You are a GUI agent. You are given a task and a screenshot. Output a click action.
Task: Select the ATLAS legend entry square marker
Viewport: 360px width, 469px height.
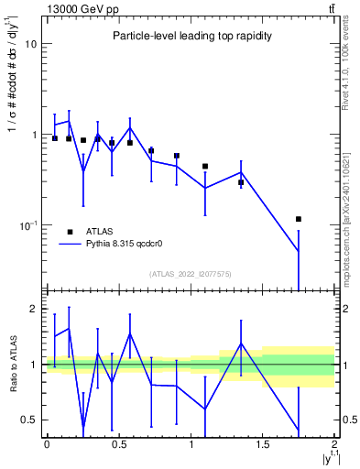click(70, 233)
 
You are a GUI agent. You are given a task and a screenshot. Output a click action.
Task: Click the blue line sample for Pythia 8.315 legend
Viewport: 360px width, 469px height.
click(70, 245)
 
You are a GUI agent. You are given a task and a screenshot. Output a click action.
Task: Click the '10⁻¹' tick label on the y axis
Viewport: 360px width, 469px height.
click(27, 224)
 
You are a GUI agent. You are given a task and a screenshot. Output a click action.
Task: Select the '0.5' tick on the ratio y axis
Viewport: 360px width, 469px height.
click(28, 420)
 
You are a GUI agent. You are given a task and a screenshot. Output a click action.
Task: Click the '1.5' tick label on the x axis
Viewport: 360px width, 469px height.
click(263, 444)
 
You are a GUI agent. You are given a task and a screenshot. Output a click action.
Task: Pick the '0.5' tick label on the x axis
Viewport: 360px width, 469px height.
click(118, 444)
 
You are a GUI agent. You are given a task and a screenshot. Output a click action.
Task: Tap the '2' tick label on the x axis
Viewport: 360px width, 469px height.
click(335, 444)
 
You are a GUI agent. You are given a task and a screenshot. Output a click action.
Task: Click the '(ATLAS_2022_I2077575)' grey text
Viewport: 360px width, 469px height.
click(191, 273)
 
